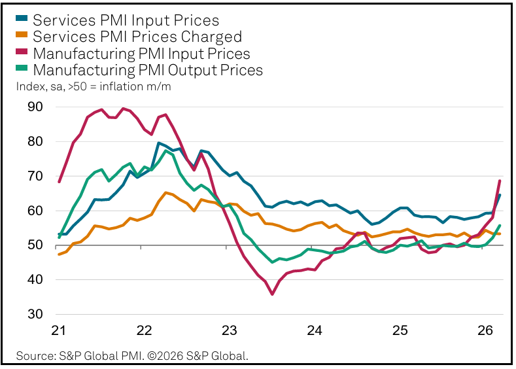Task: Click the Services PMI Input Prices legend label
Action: pyautogui.click(x=126, y=21)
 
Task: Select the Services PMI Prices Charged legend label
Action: pyautogui.click(x=137, y=37)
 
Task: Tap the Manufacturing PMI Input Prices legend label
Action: pyautogui.click(x=141, y=54)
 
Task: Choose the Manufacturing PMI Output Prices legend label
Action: pyautogui.click(x=147, y=70)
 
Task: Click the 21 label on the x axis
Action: pyautogui.click(x=59, y=331)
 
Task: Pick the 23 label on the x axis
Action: pyautogui.click(x=229, y=331)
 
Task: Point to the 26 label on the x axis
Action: pyautogui.click(x=485, y=331)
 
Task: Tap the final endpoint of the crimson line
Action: pyautogui.click(x=500, y=181)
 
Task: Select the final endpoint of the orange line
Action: pyautogui.click(x=500, y=234)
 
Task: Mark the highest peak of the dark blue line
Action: pyautogui.click(x=159, y=143)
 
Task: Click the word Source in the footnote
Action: pyautogui.click(x=35, y=357)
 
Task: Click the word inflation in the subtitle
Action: pyautogui.click(x=124, y=86)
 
